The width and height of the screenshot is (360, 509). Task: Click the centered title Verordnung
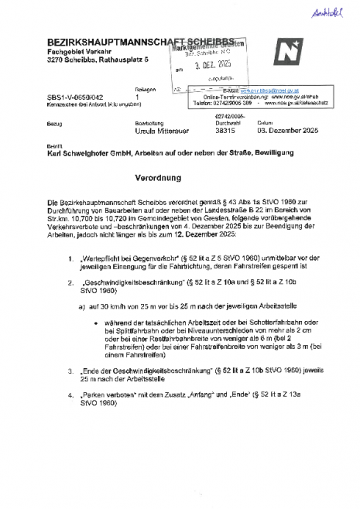point(180,177)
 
